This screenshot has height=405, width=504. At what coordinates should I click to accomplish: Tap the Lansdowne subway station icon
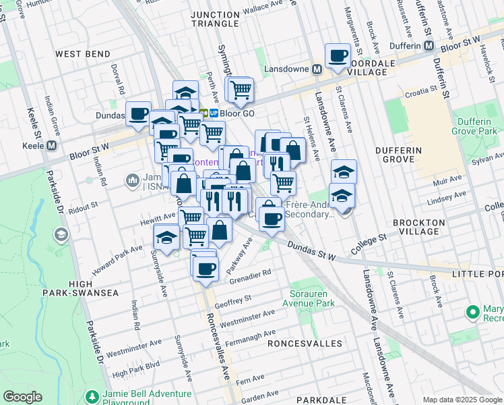tap(315, 69)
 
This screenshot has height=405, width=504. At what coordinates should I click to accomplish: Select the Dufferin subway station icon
tap(427, 46)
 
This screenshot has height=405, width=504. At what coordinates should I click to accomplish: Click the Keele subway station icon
tap(52, 145)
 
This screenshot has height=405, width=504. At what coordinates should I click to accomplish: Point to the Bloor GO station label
tap(239, 113)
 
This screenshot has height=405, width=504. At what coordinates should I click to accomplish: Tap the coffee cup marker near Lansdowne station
tap(338, 56)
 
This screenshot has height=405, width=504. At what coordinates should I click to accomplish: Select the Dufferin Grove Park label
tap(474, 125)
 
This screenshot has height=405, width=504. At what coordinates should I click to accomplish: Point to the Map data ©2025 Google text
tap(462, 400)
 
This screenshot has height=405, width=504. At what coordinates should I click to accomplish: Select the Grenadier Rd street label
tap(249, 273)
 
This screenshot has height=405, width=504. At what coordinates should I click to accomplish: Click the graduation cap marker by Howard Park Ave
tap(166, 237)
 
